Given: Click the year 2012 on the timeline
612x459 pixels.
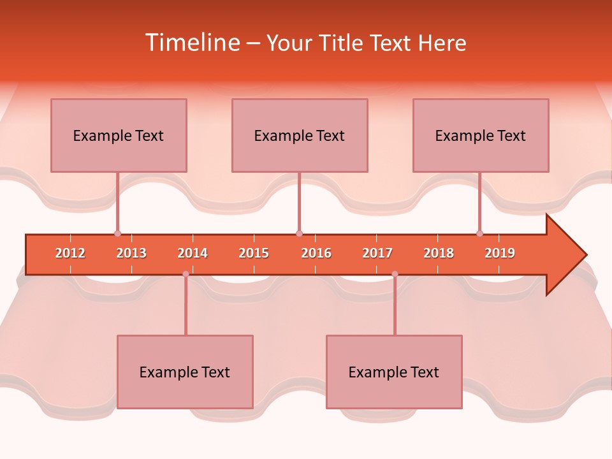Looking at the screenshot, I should [70, 253].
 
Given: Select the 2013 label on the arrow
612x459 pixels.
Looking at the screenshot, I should [131, 253].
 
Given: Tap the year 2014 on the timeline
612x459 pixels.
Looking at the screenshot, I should [193, 253].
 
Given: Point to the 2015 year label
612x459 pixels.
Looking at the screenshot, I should [254, 253].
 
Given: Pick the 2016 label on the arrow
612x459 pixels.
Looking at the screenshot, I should [316, 253].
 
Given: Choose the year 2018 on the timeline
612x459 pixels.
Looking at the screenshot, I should [439, 253].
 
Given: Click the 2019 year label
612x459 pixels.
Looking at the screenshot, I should [500, 253].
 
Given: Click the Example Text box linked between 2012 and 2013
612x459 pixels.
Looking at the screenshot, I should [119, 135].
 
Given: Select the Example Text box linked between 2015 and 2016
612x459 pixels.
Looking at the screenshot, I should [300, 135].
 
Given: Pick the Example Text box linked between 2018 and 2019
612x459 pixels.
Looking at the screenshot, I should [481, 135].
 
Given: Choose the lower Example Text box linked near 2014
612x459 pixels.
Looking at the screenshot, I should [185, 372].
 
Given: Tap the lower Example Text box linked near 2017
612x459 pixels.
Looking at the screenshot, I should [394, 372].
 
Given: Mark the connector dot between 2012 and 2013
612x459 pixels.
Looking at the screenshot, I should [117, 234].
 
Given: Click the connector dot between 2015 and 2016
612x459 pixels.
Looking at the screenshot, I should [299, 234].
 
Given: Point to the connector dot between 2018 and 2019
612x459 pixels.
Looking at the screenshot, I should [479, 234].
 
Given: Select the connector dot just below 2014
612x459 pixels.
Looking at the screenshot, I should [186, 274].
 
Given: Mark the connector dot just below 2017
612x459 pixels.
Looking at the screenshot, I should [395, 274].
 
